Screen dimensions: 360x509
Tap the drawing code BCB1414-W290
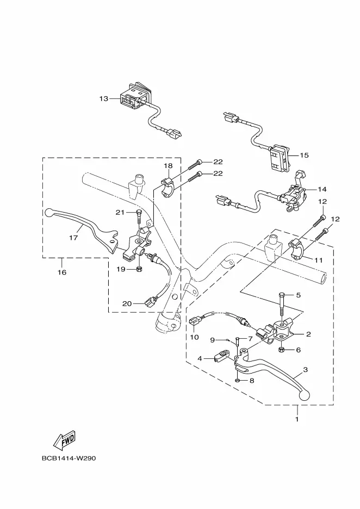click(69, 458)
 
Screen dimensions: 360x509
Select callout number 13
click(103, 98)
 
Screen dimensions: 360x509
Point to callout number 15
click(304, 155)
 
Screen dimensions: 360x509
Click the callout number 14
click(322, 189)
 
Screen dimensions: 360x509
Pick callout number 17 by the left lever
click(74, 238)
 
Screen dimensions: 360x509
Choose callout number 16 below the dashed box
click(62, 272)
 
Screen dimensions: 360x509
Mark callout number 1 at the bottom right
click(297, 419)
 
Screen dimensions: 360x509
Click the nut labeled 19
click(139, 269)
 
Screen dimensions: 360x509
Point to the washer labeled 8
click(238, 380)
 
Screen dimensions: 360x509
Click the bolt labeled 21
click(139, 216)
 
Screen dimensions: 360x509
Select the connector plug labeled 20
click(150, 302)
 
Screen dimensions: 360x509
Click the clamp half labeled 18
click(169, 188)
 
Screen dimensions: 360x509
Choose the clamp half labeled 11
click(297, 249)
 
